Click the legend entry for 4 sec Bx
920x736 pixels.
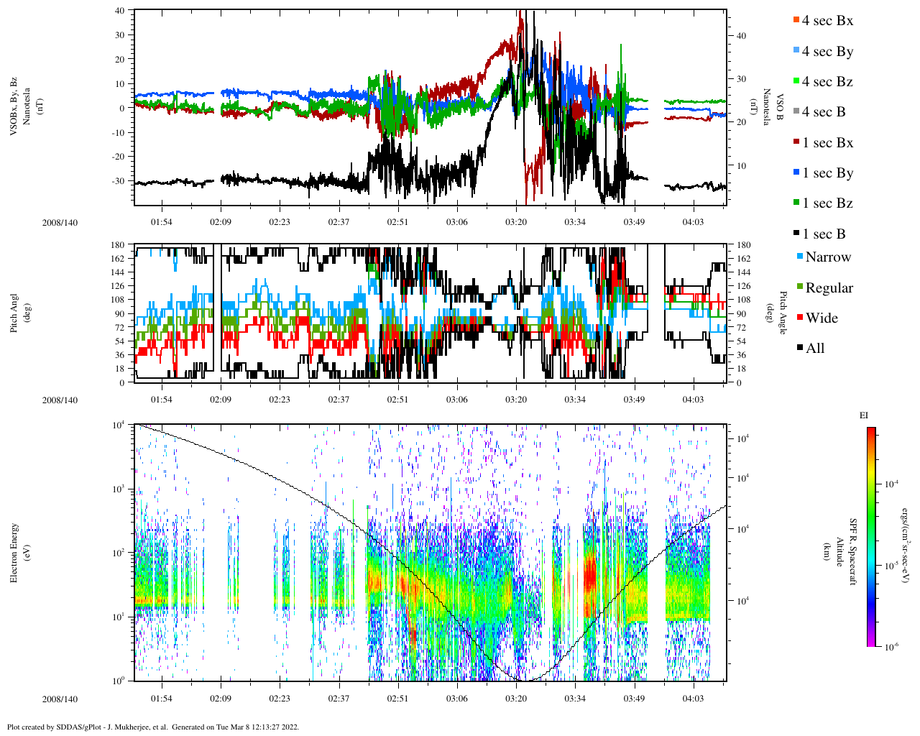tap(827, 21)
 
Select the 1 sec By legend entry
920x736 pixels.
tap(827, 173)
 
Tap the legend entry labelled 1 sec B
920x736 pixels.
tap(824, 234)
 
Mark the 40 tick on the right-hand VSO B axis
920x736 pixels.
tap(741, 36)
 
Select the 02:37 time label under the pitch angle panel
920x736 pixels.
tap(339, 400)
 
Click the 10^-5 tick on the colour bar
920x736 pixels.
tap(891, 566)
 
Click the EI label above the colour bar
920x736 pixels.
tap(864, 415)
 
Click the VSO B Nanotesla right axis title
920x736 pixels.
tap(774, 108)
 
